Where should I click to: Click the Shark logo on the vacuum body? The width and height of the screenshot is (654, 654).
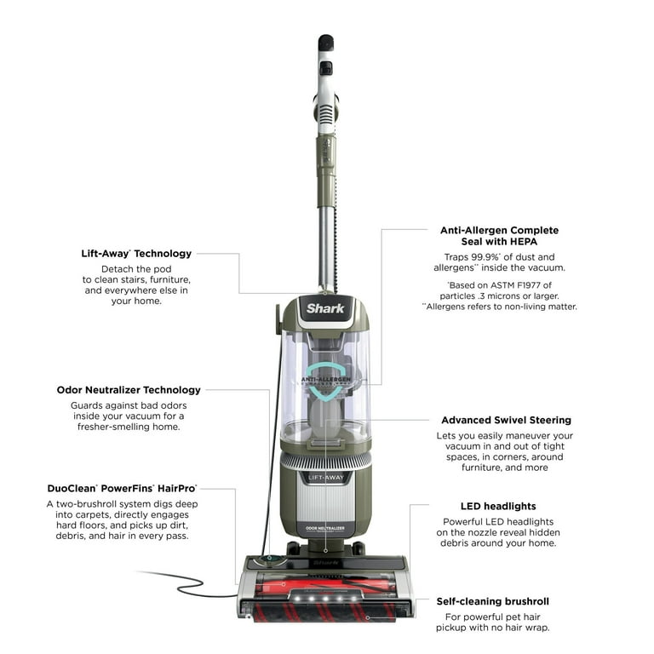pos(325,308)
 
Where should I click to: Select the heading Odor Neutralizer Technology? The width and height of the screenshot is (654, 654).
pos(129,390)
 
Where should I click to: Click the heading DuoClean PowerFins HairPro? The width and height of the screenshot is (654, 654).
pos(122,489)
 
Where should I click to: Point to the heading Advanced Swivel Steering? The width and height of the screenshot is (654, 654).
pos(506,420)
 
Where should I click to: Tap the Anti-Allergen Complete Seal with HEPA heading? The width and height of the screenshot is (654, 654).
pos(499,237)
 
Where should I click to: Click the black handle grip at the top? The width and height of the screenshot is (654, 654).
pos(325,43)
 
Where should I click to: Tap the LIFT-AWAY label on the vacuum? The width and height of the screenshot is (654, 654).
pos(325,479)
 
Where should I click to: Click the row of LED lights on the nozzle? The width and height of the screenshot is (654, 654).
pos(325,599)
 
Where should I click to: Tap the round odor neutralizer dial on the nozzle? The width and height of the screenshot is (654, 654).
pos(270,560)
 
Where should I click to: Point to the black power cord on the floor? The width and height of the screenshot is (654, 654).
pos(183,582)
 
